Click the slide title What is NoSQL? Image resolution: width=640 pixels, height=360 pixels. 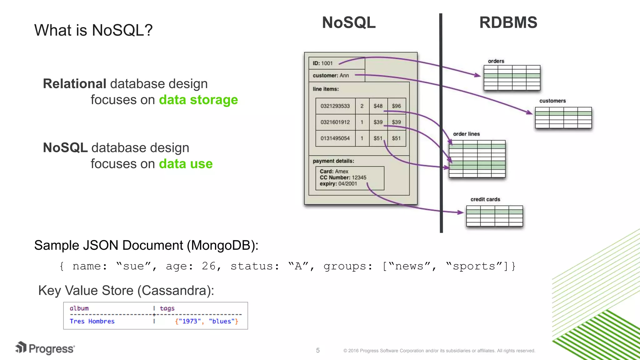tap(93, 30)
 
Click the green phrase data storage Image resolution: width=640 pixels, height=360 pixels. tap(198, 100)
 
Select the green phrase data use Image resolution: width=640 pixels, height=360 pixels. tap(186, 164)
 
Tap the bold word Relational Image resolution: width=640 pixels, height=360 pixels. tap(75, 84)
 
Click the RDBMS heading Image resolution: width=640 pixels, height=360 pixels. tap(508, 22)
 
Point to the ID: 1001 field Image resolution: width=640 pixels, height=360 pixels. tap(323, 63)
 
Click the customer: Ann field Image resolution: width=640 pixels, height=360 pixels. tap(331, 75)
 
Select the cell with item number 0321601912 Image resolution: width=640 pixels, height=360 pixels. tap(335, 122)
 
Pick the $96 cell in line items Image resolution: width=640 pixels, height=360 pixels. tap(396, 106)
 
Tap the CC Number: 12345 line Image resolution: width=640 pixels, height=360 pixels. tap(343, 177)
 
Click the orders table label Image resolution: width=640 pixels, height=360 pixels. tap(496, 61)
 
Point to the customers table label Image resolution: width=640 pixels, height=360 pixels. tap(552, 101)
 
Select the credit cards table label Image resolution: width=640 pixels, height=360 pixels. tap(485, 199)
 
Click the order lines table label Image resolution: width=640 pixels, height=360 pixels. tap(466, 134)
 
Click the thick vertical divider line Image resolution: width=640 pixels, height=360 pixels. tap(441, 125)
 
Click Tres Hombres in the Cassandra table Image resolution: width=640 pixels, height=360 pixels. tap(92, 321)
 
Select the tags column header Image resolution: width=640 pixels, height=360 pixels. tap(167, 308)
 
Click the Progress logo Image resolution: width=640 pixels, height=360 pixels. tap(45, 348)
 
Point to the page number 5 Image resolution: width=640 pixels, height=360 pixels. tap(317, 350)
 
